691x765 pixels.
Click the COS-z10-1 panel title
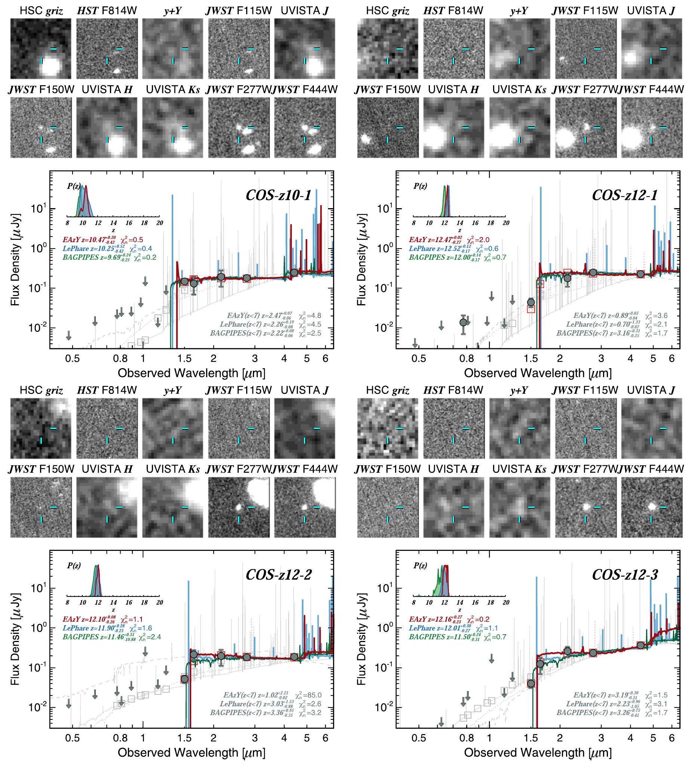279,196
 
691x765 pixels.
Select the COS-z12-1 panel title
624,196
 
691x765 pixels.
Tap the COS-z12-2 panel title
279,575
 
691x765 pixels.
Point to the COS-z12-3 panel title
624,575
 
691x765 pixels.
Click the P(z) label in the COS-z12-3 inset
420,566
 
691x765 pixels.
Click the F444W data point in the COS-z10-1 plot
294,272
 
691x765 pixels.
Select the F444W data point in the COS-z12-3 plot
640,645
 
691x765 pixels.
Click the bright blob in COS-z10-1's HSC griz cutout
51,67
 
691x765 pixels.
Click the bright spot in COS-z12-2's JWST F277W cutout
239,506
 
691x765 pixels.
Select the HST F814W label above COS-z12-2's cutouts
107,390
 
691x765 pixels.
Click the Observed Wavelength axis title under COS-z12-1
538,373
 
